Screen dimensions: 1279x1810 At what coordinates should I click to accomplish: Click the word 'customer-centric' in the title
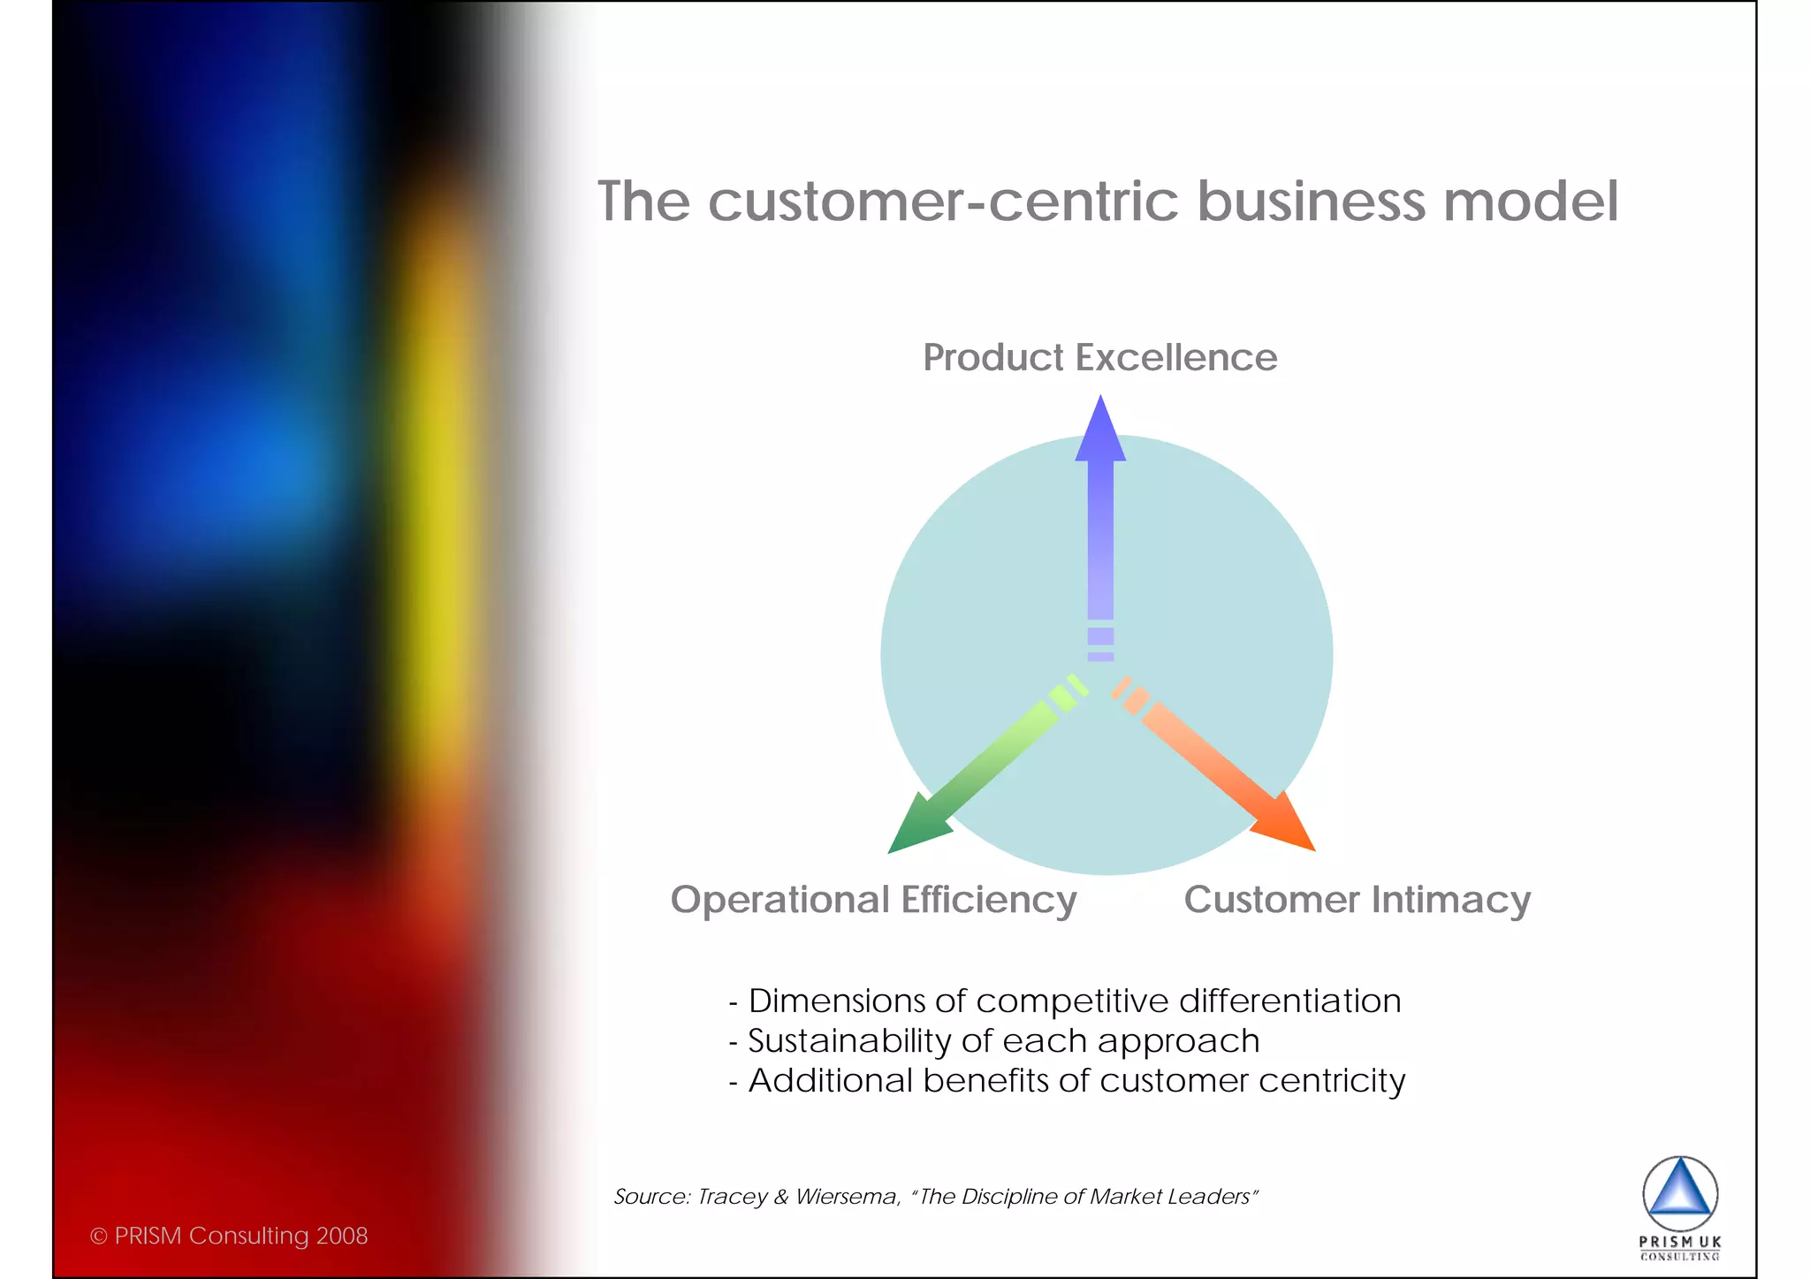[x=943, y=202]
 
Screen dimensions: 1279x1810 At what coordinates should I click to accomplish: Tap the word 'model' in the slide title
[x=1531, y=202]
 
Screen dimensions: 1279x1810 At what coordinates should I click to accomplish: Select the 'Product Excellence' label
[x=1099, y=358]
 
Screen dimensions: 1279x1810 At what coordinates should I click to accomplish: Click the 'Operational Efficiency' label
[x=873, y=901]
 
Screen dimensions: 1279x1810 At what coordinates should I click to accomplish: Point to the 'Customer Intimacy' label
[x=1357, y=901]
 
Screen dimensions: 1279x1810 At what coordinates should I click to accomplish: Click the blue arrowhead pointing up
[x=1100, y=430]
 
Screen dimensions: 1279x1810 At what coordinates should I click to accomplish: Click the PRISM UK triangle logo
[x=1680, y=1193]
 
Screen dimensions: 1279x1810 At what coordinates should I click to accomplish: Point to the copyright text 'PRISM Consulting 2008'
[x=240, y=1236]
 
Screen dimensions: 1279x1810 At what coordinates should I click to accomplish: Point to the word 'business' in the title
[x=1311, y=202]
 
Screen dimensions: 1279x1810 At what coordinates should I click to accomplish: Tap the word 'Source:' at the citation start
[x=651, y=1197]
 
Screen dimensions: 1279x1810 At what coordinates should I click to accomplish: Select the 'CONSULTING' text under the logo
[x=1680, y=1256]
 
